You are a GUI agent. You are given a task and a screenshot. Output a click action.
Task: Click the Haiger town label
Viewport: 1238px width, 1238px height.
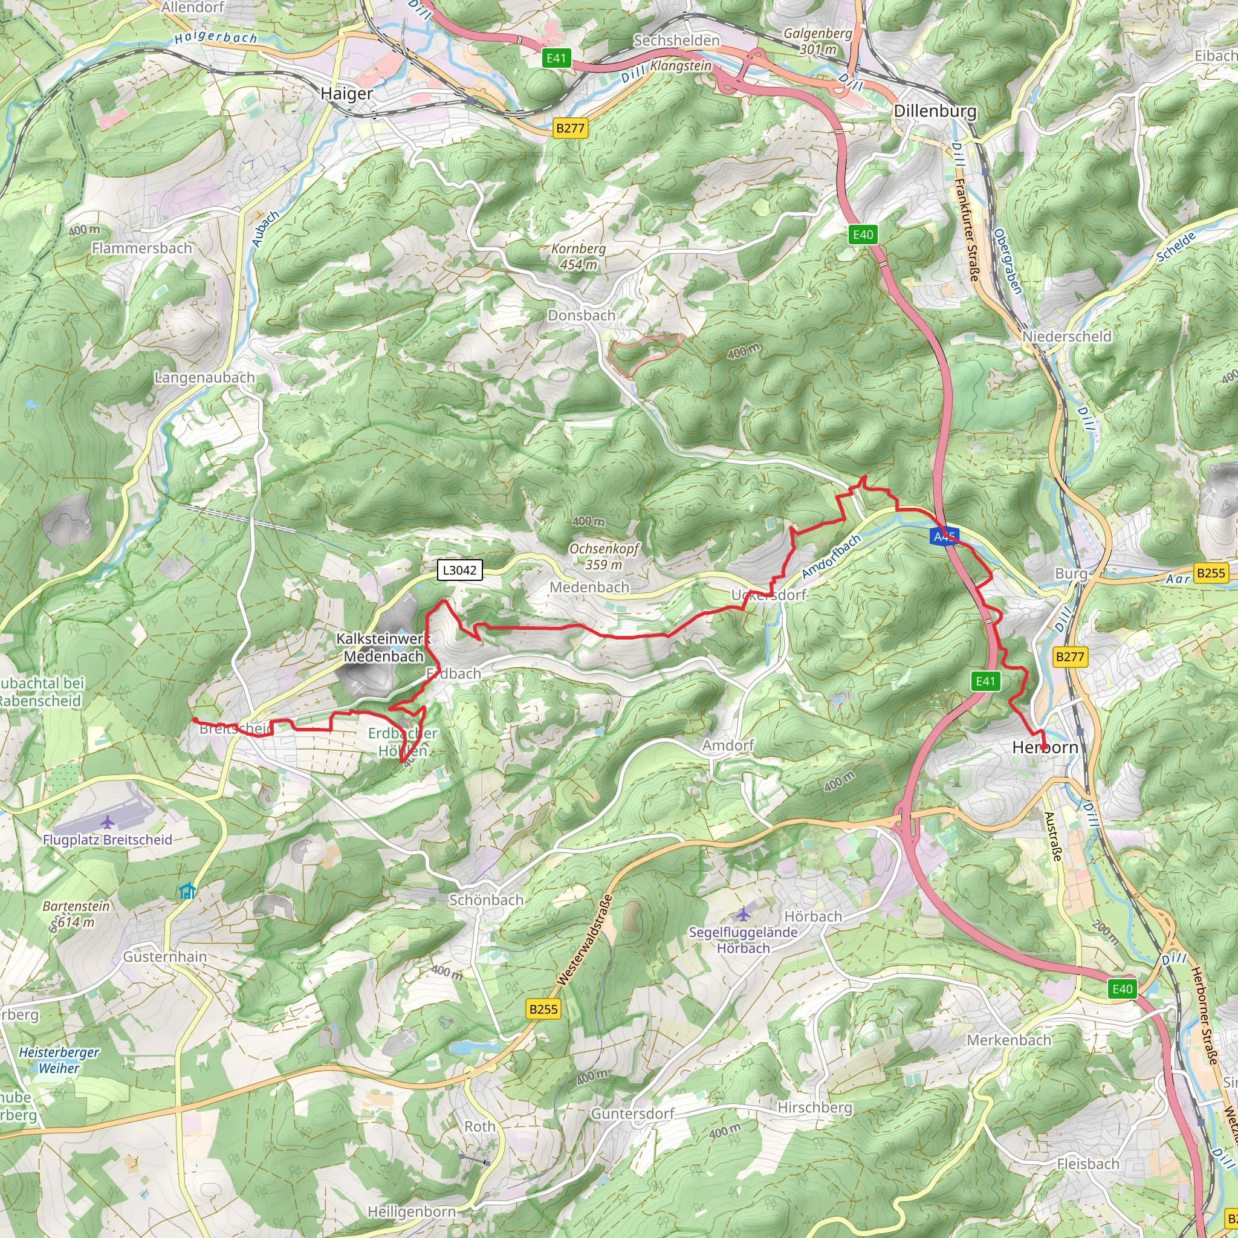pos(346,94)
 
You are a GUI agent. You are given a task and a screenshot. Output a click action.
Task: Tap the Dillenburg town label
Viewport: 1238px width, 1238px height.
pos(935,111)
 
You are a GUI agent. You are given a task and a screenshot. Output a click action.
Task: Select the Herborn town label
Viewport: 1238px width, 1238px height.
pos(1045,747)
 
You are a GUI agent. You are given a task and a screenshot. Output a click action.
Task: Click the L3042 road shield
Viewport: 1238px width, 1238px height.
pos(459,569)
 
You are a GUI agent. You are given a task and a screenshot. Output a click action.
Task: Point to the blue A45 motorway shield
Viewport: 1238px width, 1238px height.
pos(944,536)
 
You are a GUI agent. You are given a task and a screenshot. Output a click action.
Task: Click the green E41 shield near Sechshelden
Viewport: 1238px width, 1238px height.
pos(556,58)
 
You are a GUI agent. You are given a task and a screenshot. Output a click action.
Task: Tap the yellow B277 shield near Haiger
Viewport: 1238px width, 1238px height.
pos(569,128)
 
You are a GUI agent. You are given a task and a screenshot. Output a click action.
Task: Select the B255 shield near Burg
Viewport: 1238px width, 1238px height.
pos(1210,573)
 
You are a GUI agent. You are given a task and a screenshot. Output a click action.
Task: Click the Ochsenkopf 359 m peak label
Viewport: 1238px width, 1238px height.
pos(604,556)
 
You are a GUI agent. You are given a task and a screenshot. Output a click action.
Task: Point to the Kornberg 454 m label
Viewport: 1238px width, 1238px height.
pos(578,256)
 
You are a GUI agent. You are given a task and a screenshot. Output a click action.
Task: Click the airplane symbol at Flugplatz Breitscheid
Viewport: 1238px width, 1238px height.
pos(108,821)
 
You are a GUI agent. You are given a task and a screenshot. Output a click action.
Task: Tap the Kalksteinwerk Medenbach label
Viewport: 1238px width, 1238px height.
pos(383,647)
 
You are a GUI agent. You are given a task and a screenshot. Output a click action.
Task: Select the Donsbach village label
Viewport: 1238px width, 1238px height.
pos(581,316)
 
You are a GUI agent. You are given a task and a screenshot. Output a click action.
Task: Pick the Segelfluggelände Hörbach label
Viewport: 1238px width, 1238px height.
pos(744,940)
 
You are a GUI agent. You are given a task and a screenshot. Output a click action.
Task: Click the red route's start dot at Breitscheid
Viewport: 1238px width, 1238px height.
pos(194,720)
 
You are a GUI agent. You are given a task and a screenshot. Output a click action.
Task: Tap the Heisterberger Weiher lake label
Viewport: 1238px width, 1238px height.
pos(59,1060)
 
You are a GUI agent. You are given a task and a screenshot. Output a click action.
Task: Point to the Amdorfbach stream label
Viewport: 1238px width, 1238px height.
pos(831,556)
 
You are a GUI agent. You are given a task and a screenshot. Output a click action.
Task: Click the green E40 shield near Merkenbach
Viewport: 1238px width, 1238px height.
pos(1122,989)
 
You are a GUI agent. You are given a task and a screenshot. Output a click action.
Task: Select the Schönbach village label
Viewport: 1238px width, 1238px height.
pos(486,899)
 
